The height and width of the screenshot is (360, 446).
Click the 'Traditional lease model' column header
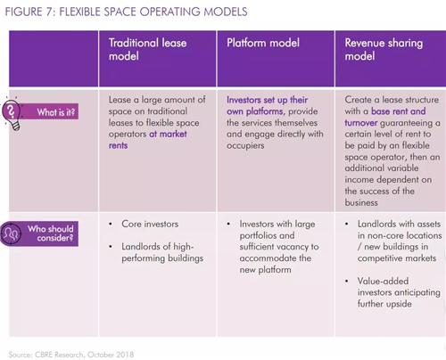(147, 49)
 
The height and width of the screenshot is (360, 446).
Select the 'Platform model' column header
(263, 43)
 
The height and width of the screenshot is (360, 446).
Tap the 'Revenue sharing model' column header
(384, 49)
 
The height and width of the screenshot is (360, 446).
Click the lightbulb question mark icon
(12, 113)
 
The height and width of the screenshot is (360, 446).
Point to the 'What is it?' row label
(56, 112)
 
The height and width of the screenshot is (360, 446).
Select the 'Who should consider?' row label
(51, 233)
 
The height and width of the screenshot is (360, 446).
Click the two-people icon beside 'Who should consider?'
(11, 233)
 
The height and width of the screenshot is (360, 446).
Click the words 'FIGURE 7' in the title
(24, 12)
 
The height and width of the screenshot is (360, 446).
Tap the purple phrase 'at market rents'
(148, 140)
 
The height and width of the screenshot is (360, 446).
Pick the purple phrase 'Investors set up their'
(267, 100)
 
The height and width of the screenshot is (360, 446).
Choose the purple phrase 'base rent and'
(399, 111)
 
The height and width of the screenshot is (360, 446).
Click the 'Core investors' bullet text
(150, 224)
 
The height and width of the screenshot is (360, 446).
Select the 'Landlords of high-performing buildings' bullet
(162, 252)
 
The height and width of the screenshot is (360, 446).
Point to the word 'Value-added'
(383, 281)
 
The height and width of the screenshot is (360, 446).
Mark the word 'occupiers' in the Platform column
(245, 145)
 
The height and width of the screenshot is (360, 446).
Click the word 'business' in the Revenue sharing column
(361, 202)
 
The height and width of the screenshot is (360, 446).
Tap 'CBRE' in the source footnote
(44, 355)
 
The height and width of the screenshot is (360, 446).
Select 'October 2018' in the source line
(111, 355)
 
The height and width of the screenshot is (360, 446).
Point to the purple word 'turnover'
(361, 123)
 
